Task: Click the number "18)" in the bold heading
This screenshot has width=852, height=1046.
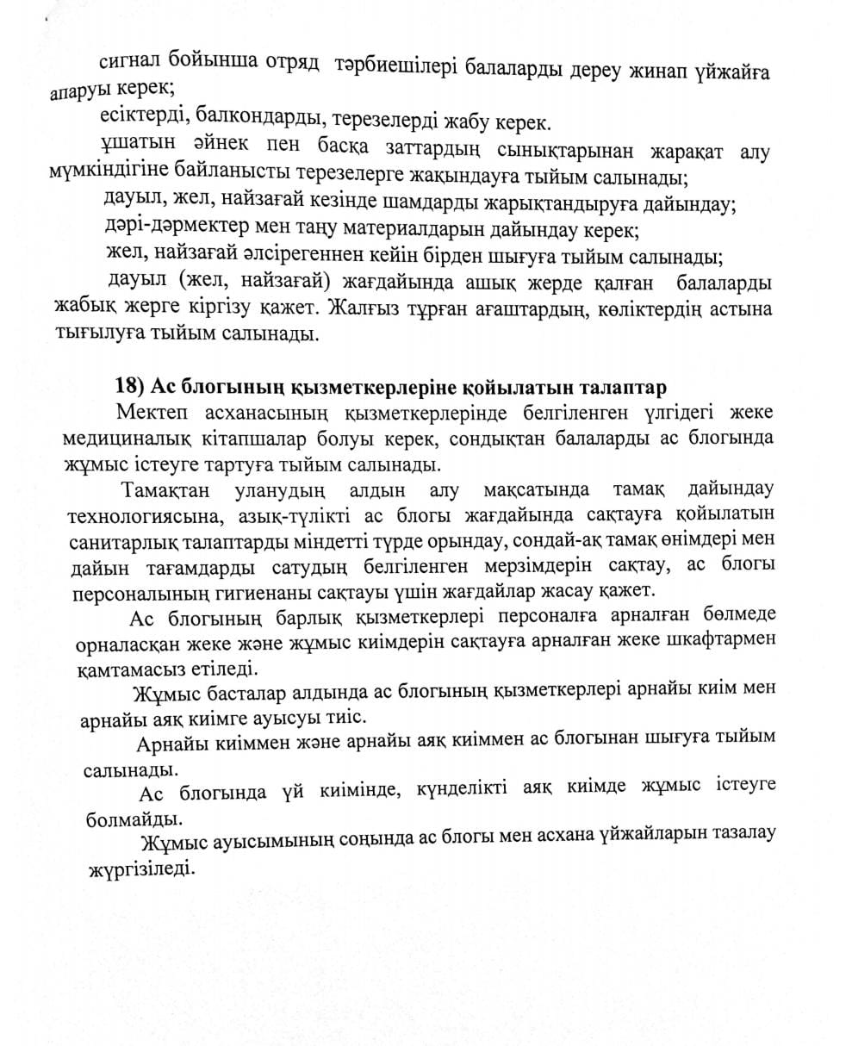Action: click(130, 384)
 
